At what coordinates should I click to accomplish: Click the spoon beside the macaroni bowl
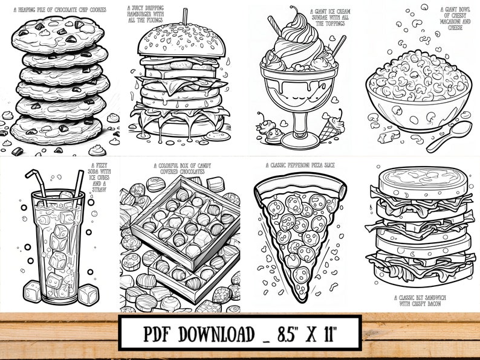[450, 137]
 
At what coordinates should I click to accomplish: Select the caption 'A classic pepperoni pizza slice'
[300, 165]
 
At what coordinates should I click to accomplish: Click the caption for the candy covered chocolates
[180, 168]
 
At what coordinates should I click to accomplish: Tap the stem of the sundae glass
[300, 124]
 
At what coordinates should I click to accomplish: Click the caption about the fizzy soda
[102, 175]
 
